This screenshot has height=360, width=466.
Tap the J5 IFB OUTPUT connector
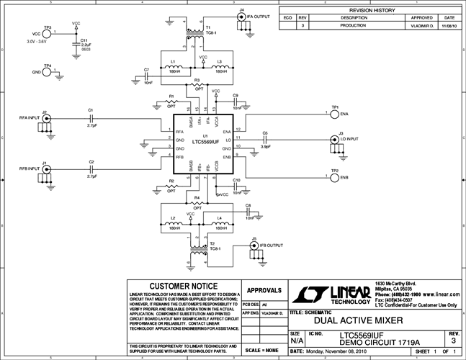click(x=253, y=246)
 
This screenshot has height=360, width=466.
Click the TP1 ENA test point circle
click(x=334, y=114)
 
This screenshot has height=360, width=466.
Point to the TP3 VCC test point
click(x=47, y=34)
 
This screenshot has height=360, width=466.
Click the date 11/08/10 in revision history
click(x=449, y=24)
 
